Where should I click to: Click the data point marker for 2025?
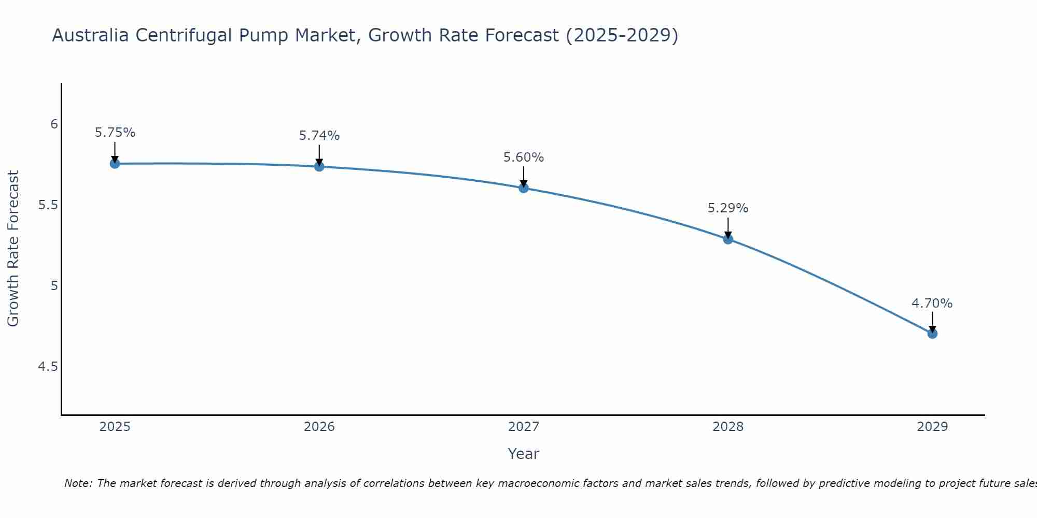point(115,164)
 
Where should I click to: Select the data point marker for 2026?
point(319,166)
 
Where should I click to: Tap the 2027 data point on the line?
point(524,188)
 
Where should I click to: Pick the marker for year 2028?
point(728,239)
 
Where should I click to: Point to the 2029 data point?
point(932,334)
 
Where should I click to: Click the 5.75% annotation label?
point(115,133)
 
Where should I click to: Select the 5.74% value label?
point(319,136)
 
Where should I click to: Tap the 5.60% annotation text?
point(524,157)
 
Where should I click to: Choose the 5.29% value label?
point(728,208)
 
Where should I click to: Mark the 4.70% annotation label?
point(932,304)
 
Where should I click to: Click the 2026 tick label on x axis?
point(319,427)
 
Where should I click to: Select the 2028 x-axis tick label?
point(728,427)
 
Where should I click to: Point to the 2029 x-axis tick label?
point(932,427)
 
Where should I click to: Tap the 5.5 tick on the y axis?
point(48,205)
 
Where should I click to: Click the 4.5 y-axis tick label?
point(48,367)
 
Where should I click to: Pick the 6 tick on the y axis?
point(54,124)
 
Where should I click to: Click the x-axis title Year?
point(524,454)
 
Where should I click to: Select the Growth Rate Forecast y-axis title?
point(13,249)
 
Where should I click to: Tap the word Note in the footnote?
point(78,483)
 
